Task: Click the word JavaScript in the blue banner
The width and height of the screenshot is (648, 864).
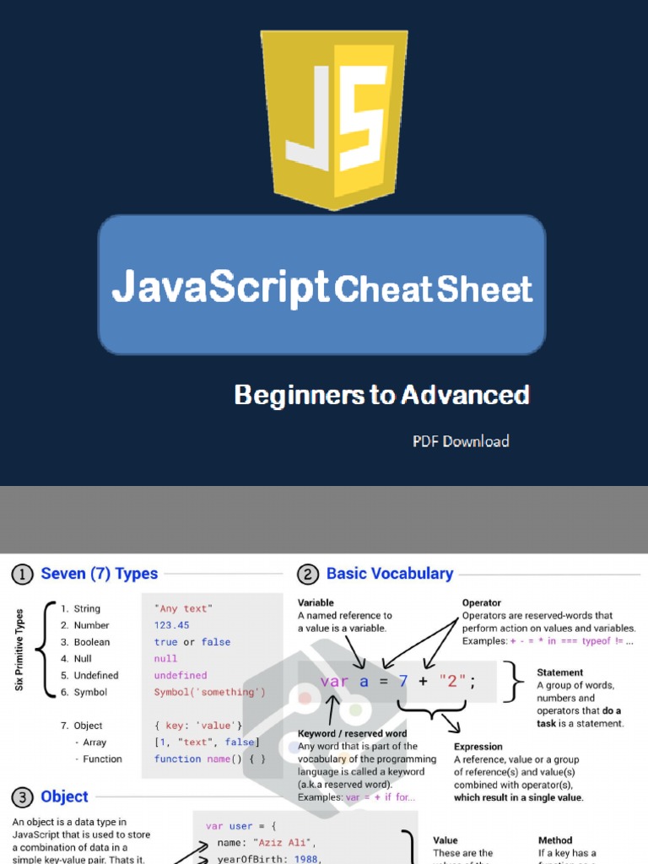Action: pyautogui.click(x=220, y=288)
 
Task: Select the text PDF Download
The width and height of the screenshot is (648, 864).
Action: pyautogui.click(x=461, y=441)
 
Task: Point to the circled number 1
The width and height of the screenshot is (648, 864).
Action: pyautogui.click(x=22, y=575)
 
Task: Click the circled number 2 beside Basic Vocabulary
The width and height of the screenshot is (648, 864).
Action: pyautogui.click(x=308, y=575)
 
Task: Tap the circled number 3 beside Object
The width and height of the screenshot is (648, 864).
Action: pyautogui.click(x=22, y=797)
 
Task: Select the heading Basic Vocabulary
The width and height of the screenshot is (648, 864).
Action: pyautogui.click(x=390, y=574)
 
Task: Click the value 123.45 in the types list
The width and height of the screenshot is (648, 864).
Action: pyautogui.click(x=171, y=625)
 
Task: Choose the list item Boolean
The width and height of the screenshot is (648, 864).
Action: pyautogui.click(x=91, y=642)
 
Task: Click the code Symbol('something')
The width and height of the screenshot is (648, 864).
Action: pyautogui.click(x=209, y=692)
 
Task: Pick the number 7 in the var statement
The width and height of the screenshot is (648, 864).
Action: pyautogui.click(x=403, y=682)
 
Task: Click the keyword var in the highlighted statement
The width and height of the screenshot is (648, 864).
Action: pyautogui.click(x=334, y=682)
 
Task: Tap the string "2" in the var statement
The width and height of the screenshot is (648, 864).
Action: pyautogui.click(x=451, y=682)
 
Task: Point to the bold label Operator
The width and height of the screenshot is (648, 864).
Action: pyautogui.click(x=481, y=603)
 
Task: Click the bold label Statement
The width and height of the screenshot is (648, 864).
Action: pyautogui.click(x=559, y=672)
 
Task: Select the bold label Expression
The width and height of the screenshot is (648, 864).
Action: pyautogui.click(x=478, y=747)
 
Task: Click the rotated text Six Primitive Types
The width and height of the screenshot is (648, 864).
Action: pyautogui.click(x=19, y=650)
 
